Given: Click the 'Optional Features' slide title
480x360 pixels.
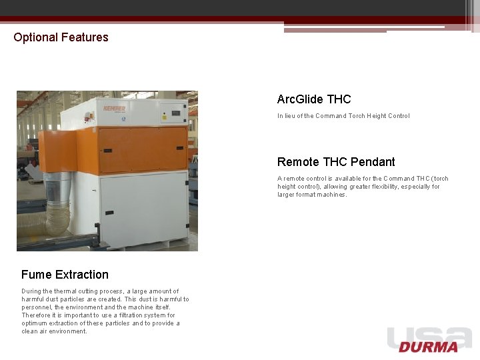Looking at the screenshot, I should [61, 37].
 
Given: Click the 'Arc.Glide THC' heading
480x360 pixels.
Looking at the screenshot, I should [314, 99].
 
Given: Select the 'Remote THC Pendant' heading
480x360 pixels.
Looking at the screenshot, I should [336, 162].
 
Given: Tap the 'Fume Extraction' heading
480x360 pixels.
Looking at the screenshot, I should [65, 275].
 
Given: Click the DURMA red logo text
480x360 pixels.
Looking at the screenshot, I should [429, 347].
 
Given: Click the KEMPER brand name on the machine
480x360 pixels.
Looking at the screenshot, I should [115, 109].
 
